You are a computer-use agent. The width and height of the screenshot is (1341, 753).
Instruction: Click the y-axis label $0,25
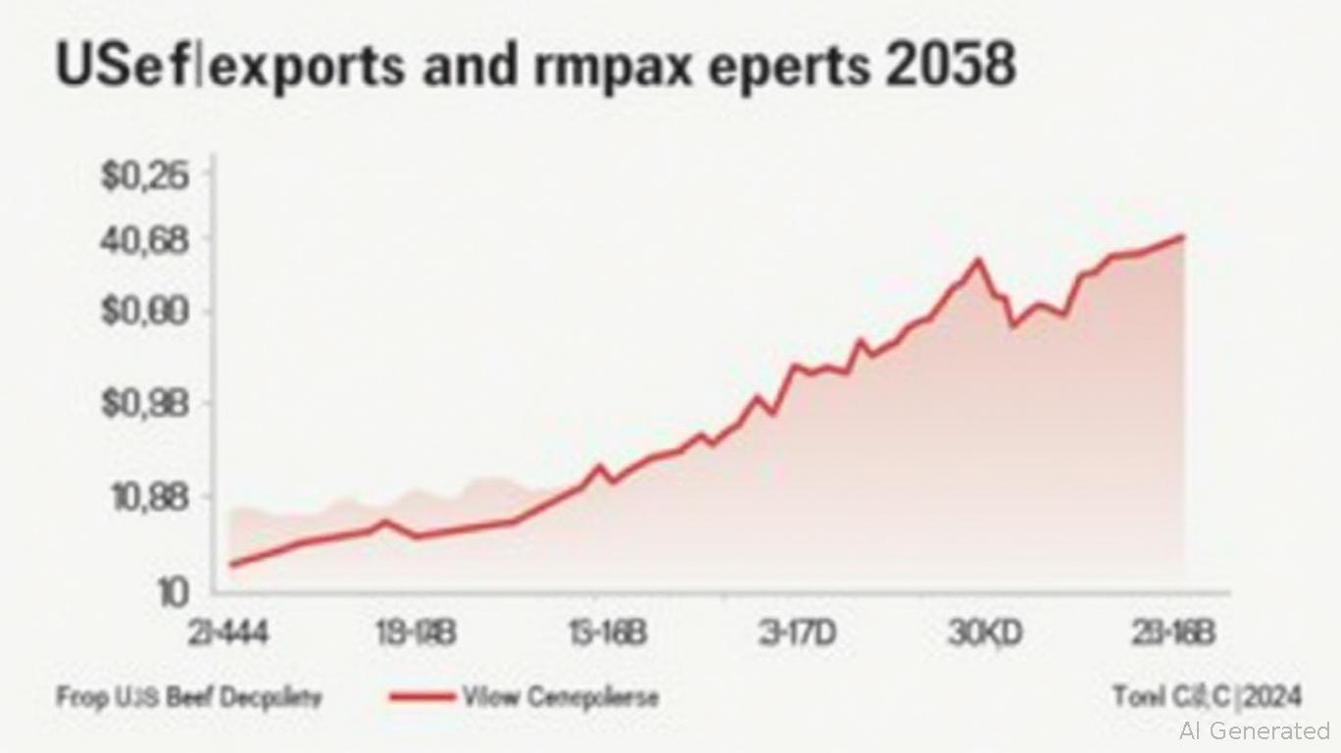coord(143,176)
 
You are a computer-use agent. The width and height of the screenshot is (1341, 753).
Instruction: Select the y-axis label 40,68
coord(143,240)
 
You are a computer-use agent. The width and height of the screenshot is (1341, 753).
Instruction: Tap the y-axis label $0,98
coord(143,405)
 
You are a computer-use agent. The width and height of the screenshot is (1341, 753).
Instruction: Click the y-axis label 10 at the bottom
coord(172,591)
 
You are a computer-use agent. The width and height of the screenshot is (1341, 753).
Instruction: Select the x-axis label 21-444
coord(228,634)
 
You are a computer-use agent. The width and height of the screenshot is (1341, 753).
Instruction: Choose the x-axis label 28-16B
coord(1173,634)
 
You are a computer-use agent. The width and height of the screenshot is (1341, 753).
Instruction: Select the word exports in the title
coord(305,67)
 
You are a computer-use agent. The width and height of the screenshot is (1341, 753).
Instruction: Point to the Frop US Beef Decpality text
coord(188,697)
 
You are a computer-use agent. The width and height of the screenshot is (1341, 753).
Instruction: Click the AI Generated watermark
coord(1255,730)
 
